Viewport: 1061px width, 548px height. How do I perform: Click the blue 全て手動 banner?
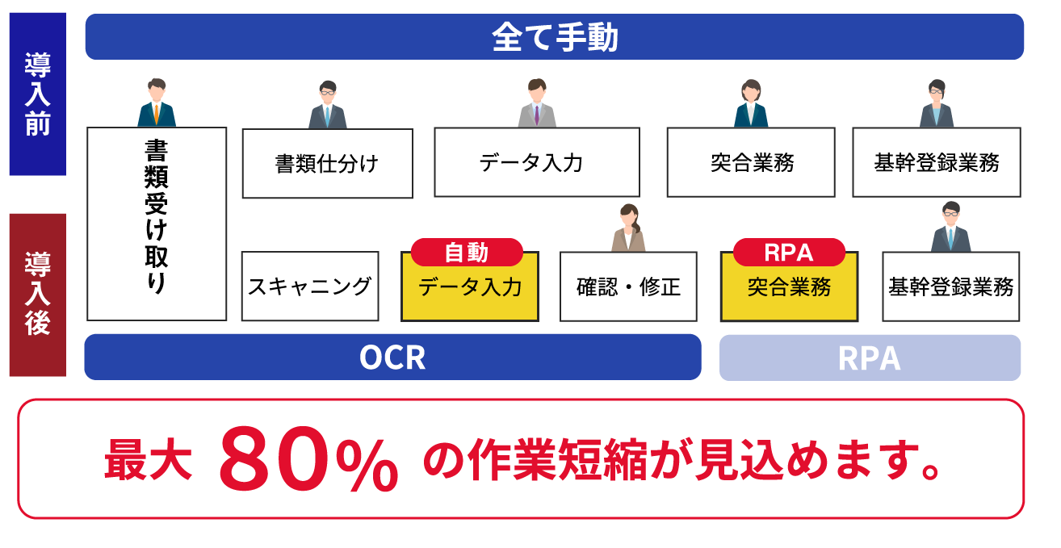coord(554,37)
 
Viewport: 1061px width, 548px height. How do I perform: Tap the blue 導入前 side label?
coord(37,94)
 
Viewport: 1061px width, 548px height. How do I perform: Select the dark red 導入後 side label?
coord(37,295)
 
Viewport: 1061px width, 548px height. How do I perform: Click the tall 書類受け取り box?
coord(156,224)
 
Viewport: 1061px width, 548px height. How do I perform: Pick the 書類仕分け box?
coord(327,164)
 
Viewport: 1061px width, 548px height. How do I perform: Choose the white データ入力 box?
coord(536,162)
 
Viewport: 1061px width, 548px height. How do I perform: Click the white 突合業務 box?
coord(750,162)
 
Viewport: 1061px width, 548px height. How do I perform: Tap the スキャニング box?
coord(310,286)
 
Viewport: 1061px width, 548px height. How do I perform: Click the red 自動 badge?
coord(467,253)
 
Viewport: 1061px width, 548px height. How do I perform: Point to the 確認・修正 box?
coord(628,287)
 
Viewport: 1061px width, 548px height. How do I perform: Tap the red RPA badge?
coord(788,253)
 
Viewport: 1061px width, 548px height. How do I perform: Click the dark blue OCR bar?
coord(392,358)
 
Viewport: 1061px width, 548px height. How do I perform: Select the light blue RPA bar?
coord(870,358)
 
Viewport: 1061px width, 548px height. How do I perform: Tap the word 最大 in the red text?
coord(148,461)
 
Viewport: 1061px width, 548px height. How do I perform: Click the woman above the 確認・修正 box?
coord(628,228)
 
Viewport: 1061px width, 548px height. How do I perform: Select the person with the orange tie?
coord(157,102)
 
